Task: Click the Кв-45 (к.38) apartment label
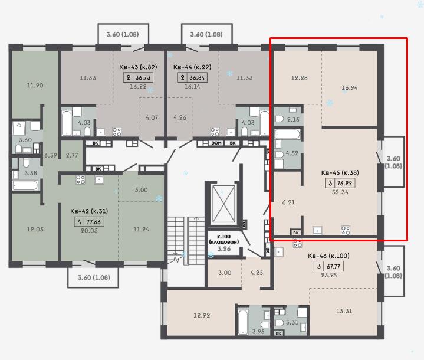click(x=340, y=172)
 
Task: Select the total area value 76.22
click(x=345, y=183)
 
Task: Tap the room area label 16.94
click(x=349, y=87)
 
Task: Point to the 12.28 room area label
click(x=300, y=78)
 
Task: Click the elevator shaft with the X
click(x=223, y=204)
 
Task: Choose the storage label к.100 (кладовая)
click(x=224, y=239)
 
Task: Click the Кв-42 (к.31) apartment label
click(x=89, y=211)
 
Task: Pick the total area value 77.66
click(x=94, y=222)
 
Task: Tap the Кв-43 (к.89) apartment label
click(x=138, y=67)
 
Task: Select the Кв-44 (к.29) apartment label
click(x=192, y=67)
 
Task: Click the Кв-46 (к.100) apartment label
click(x=328, y=256)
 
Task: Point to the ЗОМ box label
click(x=216, y=143)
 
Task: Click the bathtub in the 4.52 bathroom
click(x=287, y=134)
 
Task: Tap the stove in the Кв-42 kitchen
click(x=81, y=180)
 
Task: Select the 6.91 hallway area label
click(x=288, y=202)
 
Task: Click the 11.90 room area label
click(x=35, y=85)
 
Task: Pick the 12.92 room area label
click(x=202, y=315)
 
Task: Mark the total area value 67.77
click(x=333, y=266)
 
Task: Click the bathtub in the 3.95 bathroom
click(x=242, y=322)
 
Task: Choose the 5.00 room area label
click(x=141, y=190)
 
